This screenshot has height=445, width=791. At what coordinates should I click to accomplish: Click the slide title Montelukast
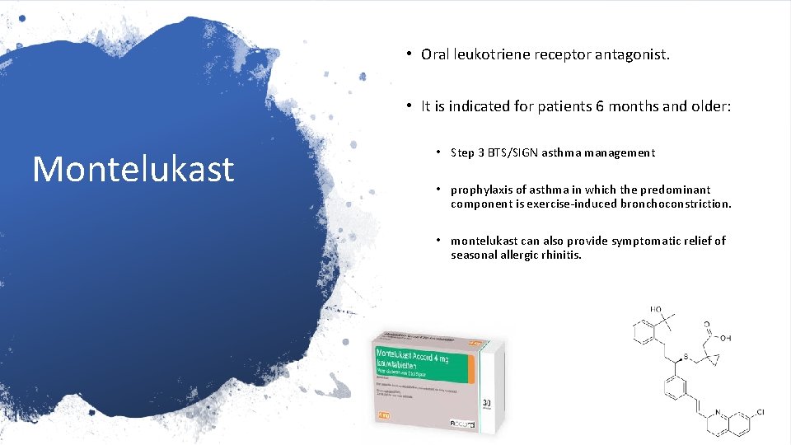tap(133, 169)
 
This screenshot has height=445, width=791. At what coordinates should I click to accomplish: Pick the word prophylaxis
tap(480, 190)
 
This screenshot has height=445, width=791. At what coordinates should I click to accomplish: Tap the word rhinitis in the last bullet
tap(561, 255)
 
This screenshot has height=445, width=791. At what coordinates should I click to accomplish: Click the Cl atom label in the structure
tap(761, 410)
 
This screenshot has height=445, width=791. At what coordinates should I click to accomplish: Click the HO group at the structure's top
tap(655, 310)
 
